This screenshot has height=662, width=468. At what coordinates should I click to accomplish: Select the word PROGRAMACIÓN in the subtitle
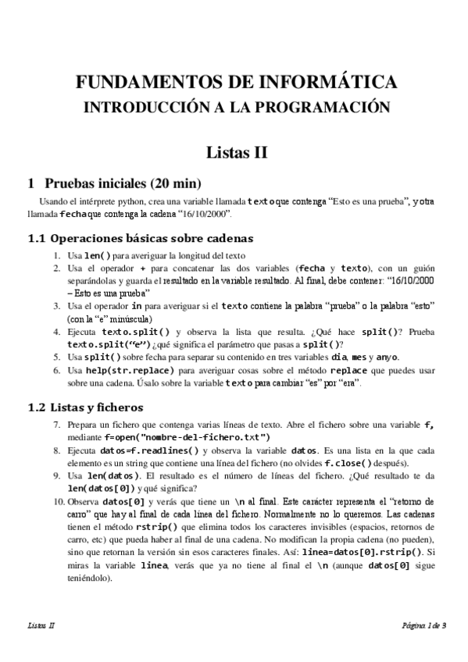330,107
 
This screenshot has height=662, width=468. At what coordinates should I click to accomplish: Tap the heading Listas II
237,152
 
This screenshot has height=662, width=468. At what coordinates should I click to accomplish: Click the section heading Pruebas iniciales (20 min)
123,184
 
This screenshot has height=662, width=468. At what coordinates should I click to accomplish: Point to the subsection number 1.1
38,238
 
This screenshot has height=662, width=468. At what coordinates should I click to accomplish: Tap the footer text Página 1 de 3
423,625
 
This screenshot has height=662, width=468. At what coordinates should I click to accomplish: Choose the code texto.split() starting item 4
135,331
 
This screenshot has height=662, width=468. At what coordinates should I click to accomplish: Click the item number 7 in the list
57,425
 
